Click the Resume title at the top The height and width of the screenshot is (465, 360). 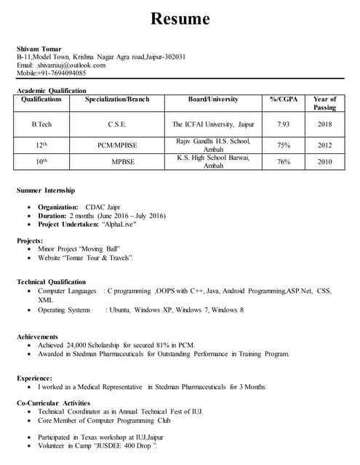click(x=180, y=19)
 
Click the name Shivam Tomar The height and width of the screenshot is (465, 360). click(x=39, y=49)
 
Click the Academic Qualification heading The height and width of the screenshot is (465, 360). click(x=51, y=90)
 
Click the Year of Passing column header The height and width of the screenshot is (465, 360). click(x=324, y=103)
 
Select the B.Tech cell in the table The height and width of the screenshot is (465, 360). click(x=41, y=125)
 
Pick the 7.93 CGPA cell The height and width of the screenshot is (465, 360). click(x=284, y=125)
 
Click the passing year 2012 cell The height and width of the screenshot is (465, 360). click(x=324, y=145)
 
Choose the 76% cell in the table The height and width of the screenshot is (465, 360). click(x=284, y=162)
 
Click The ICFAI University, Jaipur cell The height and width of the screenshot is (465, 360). click(x=213, y=125)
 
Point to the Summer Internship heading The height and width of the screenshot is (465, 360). click(x=45, y=190)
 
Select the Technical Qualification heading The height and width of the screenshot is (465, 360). click(x=51, y=281)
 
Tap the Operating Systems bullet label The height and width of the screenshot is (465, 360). click(x=64, y=310)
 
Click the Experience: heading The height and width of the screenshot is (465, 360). click(x=34, y=378)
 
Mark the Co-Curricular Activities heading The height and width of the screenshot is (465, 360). click(x=53, y=403)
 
